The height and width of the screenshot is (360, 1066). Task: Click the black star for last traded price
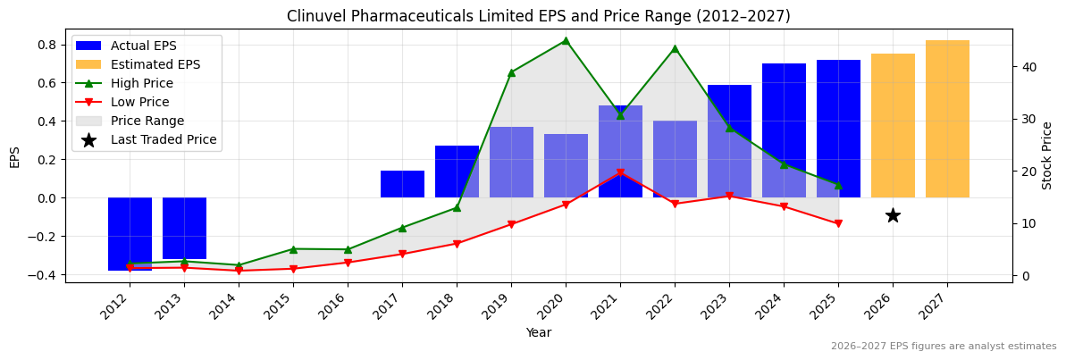click(893, 215)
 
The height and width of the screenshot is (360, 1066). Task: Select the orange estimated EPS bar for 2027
click(947, 119)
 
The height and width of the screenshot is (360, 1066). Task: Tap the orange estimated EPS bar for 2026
click(893, 125)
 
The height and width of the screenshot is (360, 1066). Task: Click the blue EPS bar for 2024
click(784, 130)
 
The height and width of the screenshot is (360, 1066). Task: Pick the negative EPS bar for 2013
click(184, 228)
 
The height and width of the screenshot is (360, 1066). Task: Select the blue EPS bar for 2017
click(402, 184)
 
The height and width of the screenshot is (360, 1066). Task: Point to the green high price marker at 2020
click(566, 40)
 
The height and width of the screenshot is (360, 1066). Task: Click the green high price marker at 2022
click(675, 48)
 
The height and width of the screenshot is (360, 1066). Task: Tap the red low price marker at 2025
click(838, 224)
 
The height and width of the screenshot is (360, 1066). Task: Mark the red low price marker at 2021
click(620, 172)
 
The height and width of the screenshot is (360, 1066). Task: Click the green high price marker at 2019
click(511, 72)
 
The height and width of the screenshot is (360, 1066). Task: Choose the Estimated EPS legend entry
click(155, 64)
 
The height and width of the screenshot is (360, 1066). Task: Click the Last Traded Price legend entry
click(164, 139)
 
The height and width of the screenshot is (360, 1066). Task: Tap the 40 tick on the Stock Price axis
click(1029, 67)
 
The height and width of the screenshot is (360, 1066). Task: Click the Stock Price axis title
click(1047, 155)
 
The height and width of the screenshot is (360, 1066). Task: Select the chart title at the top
click(538, 16)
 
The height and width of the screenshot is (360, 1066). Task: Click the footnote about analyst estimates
click(944, 347)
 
